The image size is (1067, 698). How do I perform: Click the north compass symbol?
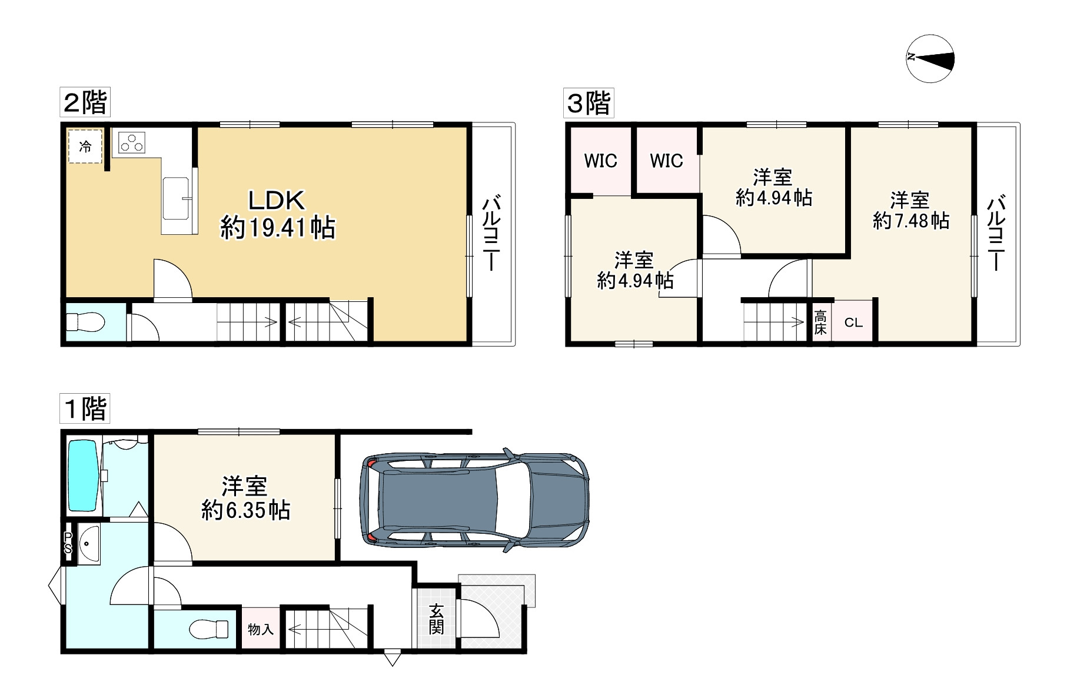point(930,58)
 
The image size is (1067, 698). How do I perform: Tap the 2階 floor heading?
point(85,104)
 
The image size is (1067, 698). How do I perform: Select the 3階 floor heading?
point(588,104)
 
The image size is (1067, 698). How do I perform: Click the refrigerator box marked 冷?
point(85,147)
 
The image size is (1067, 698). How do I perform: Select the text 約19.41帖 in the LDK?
point(278,228)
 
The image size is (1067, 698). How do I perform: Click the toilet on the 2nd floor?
point(85,323)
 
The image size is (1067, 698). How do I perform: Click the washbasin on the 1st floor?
point(88,545)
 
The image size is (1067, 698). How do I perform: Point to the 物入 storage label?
point(260,630)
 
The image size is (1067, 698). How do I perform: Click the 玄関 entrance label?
point(436,619)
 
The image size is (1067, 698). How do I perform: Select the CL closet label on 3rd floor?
point(853,323)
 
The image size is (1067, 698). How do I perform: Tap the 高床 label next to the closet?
point(820,323)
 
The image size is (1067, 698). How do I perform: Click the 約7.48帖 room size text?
point(910,221)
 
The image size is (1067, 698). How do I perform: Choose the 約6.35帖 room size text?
point(245,510)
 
